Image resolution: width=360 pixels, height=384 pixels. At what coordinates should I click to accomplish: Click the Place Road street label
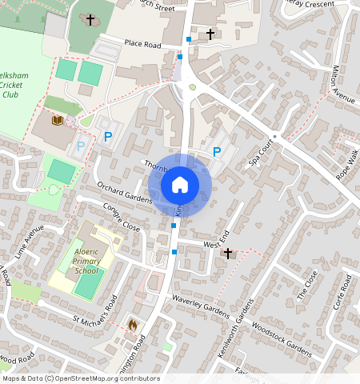point(142,44)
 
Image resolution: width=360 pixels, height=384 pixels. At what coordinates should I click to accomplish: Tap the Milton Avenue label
point(342,85)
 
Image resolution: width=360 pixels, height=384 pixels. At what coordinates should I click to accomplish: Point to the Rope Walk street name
point(347,163)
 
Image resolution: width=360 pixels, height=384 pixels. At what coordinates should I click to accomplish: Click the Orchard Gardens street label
point(124,192)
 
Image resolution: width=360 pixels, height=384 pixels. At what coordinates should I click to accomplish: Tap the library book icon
point(57,121)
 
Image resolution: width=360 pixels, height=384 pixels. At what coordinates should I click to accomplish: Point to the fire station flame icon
point(133,325)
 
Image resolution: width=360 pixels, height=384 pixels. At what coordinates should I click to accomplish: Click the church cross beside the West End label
point(228,254)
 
